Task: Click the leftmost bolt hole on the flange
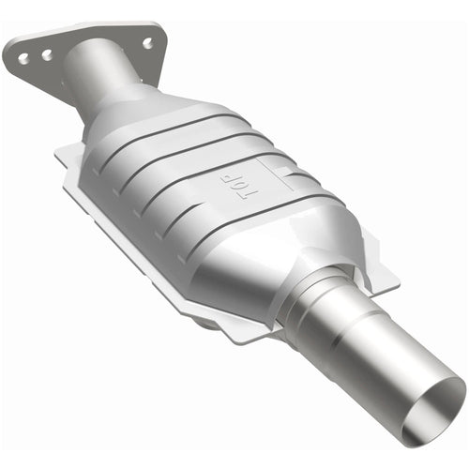pos(23,59)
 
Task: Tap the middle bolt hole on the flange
pos(46,55)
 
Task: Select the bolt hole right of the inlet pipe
pos(147,42)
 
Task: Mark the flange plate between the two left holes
pos(35,57)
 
